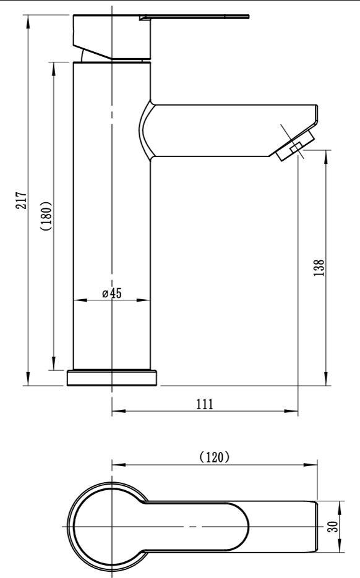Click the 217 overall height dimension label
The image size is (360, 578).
pyautogui.click(x=22, y=200)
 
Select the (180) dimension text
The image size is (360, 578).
pyautogui.click(x=47, y=216)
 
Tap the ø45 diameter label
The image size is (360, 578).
pyautogui.click(x=112, y=293)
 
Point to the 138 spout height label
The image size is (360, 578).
pyautogui.click(x=319, y=268)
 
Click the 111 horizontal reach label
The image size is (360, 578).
pyautogui.click(x=205, y=404)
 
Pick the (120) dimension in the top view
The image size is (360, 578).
pyautogui.click(x=214, y=457)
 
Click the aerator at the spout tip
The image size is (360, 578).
pyautogui.click(x=295, y=146)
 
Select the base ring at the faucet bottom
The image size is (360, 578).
pyautogui.click(x=112, y=378)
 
